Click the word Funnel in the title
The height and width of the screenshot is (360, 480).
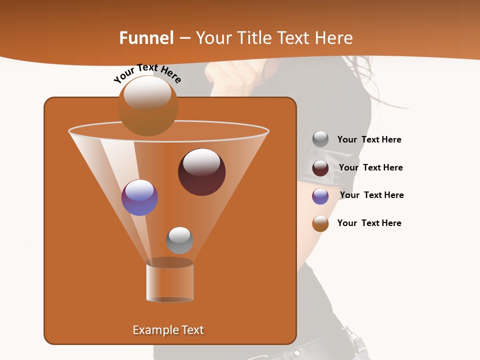point(146,38)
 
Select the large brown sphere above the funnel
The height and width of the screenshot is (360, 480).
point(147,105)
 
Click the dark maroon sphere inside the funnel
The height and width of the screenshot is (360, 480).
point(201,171)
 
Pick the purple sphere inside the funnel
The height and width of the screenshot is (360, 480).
point(139,197)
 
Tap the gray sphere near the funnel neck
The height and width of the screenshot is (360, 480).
point(179,240)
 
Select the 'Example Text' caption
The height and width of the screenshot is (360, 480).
point(168,330)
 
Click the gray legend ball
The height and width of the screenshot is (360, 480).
point(320,139)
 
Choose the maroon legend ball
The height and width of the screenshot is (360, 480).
point(320,168)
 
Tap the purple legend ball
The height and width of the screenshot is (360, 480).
point(320,196)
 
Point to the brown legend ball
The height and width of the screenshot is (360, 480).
point(320,223)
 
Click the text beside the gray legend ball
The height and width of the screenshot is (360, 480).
point(369,140)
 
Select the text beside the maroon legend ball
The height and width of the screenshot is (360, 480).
point(370,168)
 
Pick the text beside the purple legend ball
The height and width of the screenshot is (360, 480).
point(371,195)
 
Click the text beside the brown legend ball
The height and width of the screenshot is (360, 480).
point(369,223)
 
